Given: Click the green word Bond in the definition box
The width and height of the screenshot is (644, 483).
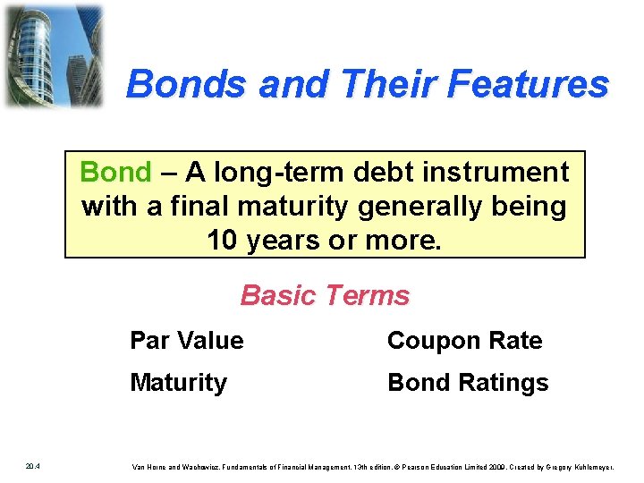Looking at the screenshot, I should pos(115,171).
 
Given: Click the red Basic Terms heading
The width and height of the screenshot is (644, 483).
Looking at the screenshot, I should pos(325,295).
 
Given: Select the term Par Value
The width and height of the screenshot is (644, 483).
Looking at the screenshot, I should pos(186,341).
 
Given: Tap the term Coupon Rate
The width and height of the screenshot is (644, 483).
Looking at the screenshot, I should pos(464,341).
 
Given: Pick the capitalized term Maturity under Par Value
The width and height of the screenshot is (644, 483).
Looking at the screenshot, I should pos(178,383).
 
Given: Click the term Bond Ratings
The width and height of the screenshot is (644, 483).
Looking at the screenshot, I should pos(467,383).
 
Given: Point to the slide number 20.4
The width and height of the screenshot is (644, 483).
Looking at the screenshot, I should pos(31,466).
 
